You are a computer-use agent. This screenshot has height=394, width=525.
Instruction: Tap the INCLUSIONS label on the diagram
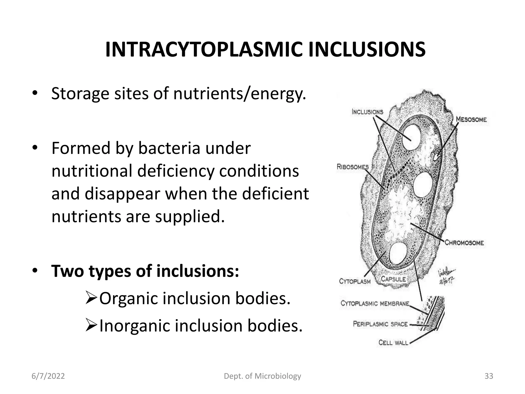point(367,112)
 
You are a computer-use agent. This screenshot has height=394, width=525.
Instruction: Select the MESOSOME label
point(471,120)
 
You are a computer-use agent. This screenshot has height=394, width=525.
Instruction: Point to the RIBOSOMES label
point(353,167)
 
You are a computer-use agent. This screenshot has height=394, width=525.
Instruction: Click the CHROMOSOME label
point(464,243)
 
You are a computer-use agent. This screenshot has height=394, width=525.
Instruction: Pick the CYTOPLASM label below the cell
point(355,281)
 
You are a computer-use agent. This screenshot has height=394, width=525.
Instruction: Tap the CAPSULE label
point(393,279)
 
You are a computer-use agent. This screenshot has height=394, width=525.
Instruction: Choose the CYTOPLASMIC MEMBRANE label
point(375,304)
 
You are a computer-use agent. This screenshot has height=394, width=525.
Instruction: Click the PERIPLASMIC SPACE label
point(380,324)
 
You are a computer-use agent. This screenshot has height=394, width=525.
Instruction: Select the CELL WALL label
point(393,342)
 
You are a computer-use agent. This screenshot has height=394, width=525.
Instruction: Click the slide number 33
point(489,376)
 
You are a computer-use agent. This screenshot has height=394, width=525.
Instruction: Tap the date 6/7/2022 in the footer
point(48,376)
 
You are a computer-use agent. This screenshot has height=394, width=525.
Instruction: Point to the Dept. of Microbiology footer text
point(262,376)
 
